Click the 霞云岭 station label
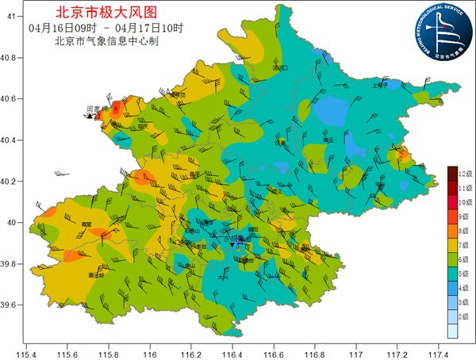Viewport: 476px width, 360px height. point(95,275)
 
